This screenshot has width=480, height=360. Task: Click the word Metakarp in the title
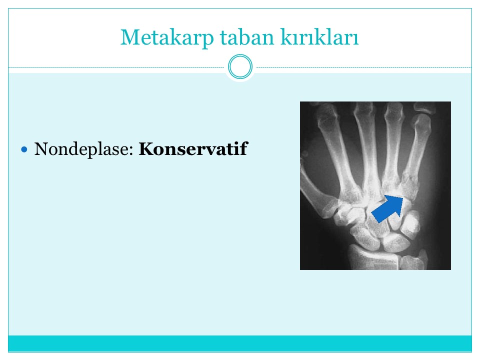click(x=167, y=38)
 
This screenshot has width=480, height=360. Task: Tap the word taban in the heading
click(x=246, y=37)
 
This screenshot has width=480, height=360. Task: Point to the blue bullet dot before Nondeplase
click(x=24, y=149)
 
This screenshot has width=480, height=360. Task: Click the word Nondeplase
click(x=84, y=149)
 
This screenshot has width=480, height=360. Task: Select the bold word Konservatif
click(x=193, y=149)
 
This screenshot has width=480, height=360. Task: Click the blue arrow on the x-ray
click(x=387, y=209)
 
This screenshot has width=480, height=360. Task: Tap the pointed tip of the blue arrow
click(x=402, y=198)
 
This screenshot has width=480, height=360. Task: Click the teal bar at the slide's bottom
click(x=240, y=343)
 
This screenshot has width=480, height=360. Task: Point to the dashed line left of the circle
click(x=116, y=67)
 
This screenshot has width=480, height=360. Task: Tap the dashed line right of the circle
click(x=364, y=67)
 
